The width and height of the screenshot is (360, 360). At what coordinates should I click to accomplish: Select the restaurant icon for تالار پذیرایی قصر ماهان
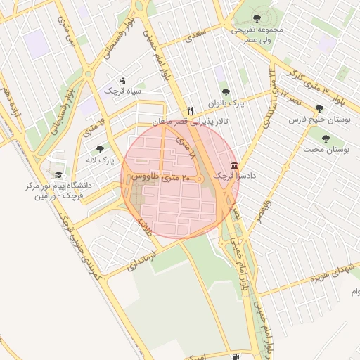point(190,111)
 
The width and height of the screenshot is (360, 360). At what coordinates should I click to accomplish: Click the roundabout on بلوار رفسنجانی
point(88,73)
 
